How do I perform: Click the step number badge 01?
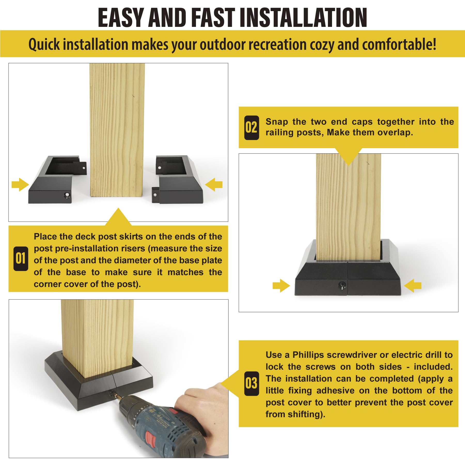pyautogui.click(x=21, y=258)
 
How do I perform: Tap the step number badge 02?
pyautogui.click(x=251, y=128)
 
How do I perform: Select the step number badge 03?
pyautogui.click(x=251, y=383)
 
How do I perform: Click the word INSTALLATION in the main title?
pyautogui.click(x=303, y=17)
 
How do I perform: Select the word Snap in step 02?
pyautogui.click(x=277, y=122)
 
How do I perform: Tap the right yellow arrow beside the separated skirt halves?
pyautogui.click(x=214, y=184)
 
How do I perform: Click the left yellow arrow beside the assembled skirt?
pyautogui.click(x=281, y=286)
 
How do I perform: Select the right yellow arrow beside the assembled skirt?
pyautogui.click(x=413, y=286)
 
